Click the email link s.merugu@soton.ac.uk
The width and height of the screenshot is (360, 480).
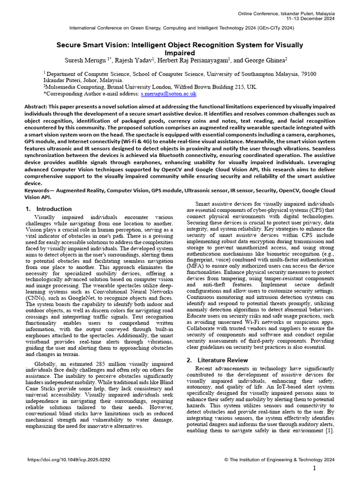click(x=169, y=94)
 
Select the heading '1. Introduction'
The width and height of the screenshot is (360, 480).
click(x=49, y=209)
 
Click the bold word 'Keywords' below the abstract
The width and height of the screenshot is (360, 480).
click(x=40, y=191)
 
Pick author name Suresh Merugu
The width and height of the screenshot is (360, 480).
click(x=82, y=60)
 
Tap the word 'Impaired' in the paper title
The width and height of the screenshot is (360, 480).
click(x=180, y=53)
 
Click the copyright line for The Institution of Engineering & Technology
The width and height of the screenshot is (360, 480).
click(x=279, y=460)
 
